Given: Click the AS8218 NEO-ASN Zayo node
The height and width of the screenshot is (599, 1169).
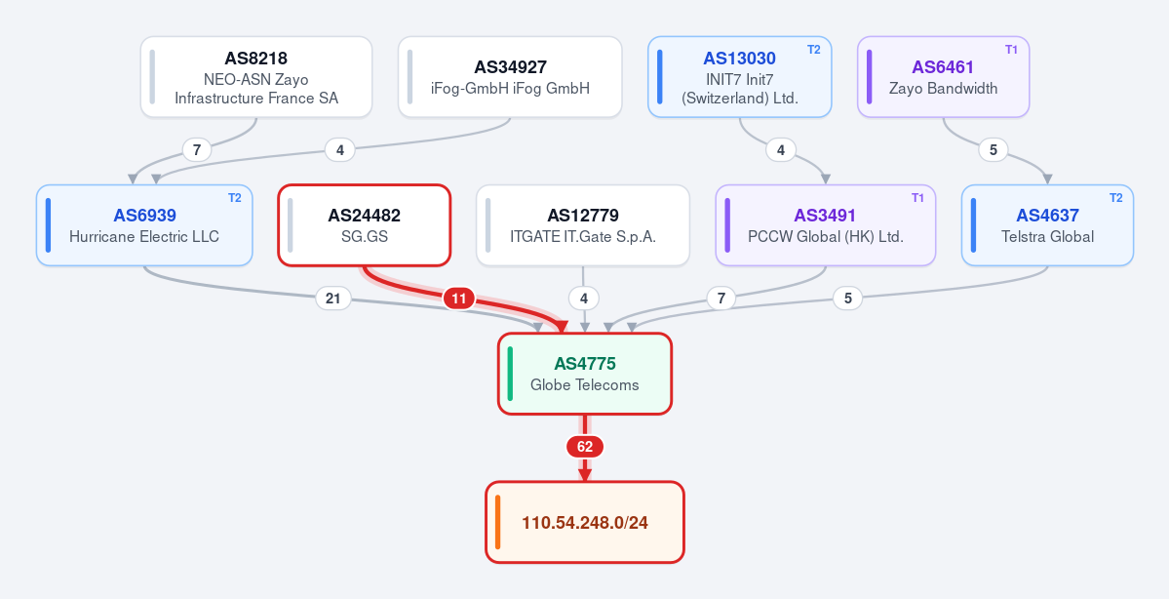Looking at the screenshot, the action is (256, 77).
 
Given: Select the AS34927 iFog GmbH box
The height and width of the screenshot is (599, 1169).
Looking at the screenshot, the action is (510, 77).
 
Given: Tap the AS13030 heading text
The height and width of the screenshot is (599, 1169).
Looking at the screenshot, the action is (740, 59).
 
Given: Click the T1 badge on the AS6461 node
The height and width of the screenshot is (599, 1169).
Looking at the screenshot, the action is (1011, 49).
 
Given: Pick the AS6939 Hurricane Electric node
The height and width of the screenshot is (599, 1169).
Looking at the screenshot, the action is (144, 225).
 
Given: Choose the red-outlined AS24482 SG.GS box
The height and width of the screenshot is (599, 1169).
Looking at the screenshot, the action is (365, 225).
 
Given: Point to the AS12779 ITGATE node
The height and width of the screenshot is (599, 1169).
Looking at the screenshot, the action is (583, 225).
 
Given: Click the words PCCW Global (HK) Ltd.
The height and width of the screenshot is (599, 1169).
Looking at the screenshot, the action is (825, 236).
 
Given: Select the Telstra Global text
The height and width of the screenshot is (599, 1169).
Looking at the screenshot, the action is (1047, 236).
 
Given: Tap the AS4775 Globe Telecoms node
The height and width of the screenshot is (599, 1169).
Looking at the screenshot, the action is (585, 374).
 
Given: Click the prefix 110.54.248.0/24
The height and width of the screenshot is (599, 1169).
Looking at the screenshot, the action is (585, 522).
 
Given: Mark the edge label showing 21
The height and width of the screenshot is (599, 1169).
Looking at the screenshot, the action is (333, 299).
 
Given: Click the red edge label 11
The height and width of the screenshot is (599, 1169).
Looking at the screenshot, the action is (459, 299).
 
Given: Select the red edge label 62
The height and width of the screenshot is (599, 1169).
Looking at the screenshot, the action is (585, 447).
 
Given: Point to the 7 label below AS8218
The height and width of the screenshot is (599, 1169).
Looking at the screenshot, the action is (197, 150).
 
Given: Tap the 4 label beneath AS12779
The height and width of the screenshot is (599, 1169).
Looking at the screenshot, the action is (584, 299).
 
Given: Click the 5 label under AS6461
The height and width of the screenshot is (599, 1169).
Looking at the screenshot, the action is (994, 150).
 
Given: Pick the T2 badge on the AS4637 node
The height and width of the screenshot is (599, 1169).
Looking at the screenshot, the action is (1115, 198).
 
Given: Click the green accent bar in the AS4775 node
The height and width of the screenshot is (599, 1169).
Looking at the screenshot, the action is (510, 374).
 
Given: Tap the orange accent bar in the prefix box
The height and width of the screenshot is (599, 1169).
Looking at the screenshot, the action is (498, 522).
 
